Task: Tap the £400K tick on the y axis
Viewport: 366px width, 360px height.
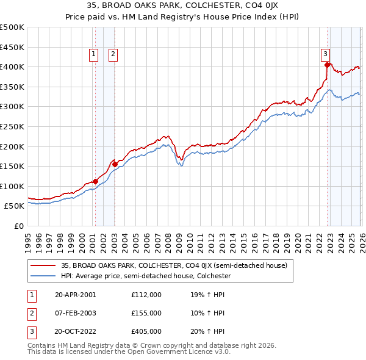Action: coord(12,67)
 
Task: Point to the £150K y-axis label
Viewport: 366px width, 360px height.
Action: coord(12,167)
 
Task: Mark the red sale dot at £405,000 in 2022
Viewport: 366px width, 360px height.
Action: coord(328,65)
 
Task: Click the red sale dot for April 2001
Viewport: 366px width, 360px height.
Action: coord(96,181)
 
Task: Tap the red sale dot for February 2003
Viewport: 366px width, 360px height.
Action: coord(115,164)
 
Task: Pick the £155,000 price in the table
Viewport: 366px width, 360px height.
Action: coord(146,313)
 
